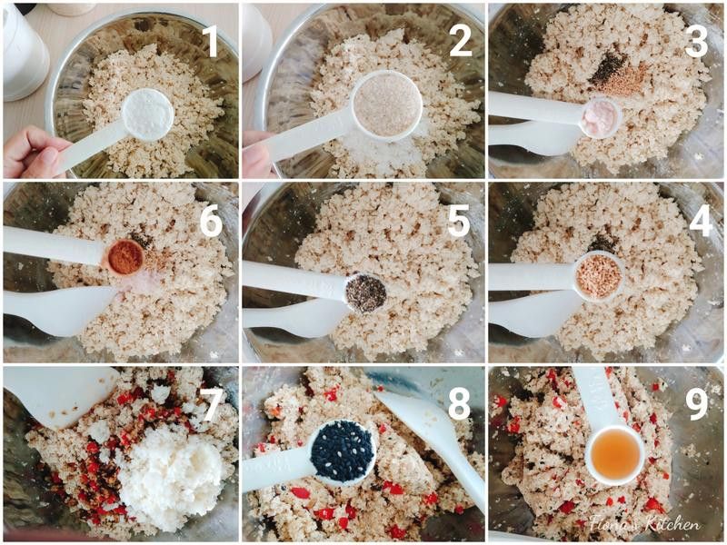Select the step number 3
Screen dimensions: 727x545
tap(696, 41)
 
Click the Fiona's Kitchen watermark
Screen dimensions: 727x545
tap(645, 524)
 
